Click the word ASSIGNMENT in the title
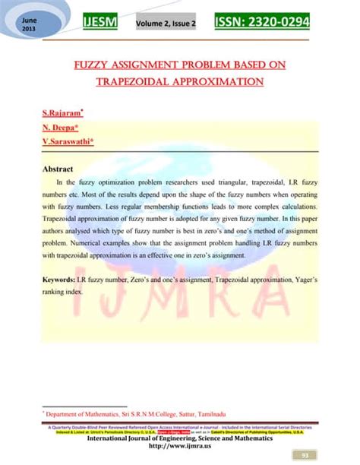(x=154, y=65)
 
